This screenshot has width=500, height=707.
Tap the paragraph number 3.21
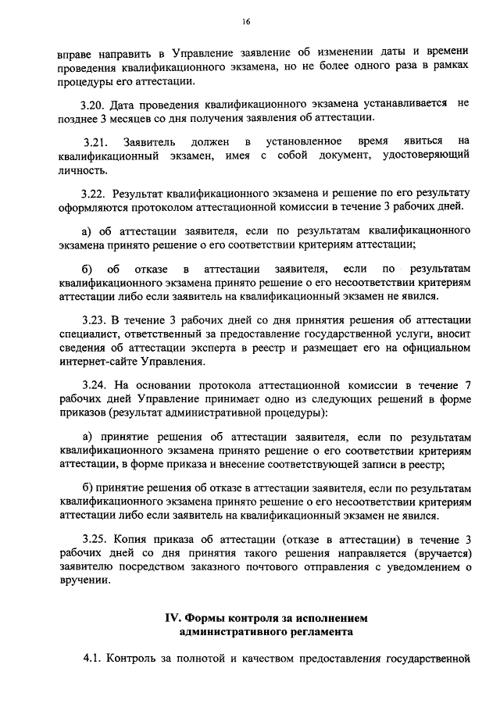[96, 141]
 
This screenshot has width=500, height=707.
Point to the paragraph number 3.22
[95, 193]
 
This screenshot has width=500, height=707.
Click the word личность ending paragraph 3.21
[80, 170]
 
